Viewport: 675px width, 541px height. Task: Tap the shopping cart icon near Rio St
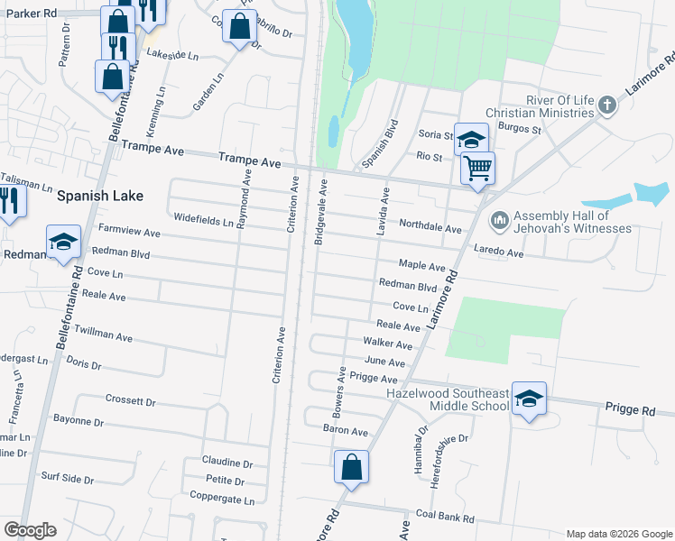click(x=477, y=168)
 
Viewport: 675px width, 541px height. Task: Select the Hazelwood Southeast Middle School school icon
click(x=529, y=398)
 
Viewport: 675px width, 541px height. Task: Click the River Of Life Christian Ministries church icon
click(x=607, y=105)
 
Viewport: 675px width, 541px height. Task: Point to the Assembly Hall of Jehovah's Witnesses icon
click(x=498, y=220)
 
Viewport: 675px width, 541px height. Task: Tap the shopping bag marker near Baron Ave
click(x=351, y=467)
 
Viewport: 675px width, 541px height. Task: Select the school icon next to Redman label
click(x=63, y=241)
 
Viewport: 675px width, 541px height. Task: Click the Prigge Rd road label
click(x=630, y=410)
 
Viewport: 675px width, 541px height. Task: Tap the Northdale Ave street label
click(x=430, y=228)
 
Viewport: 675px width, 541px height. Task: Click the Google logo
click(x=30, y=530)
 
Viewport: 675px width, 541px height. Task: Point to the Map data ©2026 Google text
click(x=619, y=534)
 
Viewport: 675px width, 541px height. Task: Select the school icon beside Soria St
click(x=470, y=139)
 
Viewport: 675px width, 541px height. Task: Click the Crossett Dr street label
click(x=131, y=400)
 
